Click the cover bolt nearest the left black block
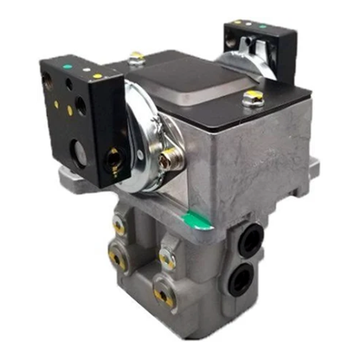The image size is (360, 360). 136,60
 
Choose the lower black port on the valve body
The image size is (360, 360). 244,277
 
